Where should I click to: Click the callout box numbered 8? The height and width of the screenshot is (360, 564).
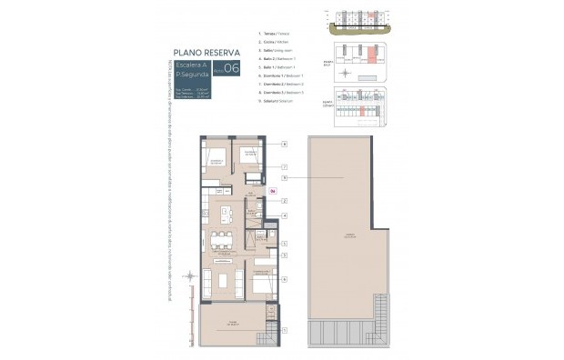(x=284, y=144)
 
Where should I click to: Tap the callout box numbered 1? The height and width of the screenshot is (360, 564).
(x=284, y=331)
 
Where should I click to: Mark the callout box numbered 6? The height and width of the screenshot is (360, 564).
(x=284, y=279)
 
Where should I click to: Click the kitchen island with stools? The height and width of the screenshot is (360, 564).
(x=227, y=215)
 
